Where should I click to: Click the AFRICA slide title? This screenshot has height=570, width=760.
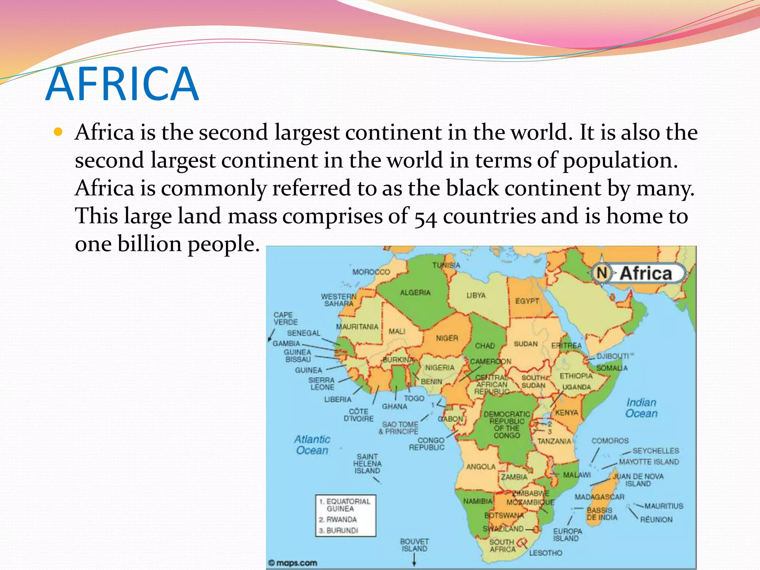tap(122, 84)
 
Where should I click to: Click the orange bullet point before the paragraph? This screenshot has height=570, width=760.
tap(58, 132)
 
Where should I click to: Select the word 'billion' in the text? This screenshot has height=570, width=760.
tap(150, 244)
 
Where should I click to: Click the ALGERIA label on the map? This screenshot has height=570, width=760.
tap(415, 292)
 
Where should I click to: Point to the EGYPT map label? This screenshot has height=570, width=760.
tap(527, 301)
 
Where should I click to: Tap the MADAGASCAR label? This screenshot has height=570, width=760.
tap(599, 497)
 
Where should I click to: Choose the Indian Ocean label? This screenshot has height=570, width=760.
tap(641, 408)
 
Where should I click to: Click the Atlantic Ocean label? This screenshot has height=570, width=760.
tap(312, 445)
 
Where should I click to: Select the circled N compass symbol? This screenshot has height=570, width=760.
tap(602, 273)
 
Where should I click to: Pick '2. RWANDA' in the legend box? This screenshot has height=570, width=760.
tap(338, 519)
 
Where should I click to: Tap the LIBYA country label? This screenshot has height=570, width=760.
tap(476, 295)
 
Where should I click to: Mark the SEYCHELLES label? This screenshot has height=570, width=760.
tap(655, 451)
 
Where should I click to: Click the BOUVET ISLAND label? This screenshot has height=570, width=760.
tap(414, 545)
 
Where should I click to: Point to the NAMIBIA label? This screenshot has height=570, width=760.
tap(478, 501)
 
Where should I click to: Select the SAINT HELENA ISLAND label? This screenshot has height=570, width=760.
tap(367, 463)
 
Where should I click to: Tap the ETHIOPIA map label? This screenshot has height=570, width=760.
tap(576, 376)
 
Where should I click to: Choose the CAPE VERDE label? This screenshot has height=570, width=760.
tap(285, 318)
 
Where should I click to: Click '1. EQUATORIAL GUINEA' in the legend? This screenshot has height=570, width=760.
tap(345, 505)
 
